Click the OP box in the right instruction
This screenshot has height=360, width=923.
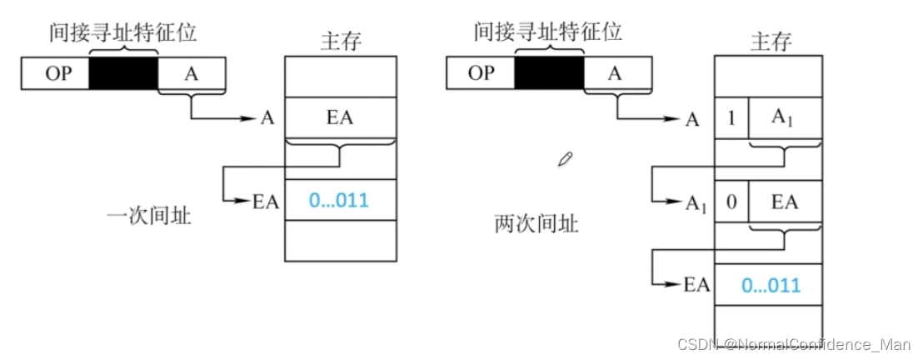coord(481,73)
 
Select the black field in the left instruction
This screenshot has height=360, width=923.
coord(124,74)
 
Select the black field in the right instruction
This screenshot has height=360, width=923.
coord(550,73)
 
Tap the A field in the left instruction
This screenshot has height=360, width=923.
coord(192,74)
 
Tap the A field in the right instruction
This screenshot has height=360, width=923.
coord(615,73)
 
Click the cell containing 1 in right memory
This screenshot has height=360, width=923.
coord(731,118)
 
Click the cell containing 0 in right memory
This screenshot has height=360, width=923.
coord(731,202)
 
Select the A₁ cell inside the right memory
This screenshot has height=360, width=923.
coord(785,118)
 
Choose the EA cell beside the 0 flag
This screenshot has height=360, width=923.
coord(785,202)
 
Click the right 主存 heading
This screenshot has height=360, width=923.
coord(771,42)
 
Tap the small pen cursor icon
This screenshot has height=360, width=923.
coord(566,157)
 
